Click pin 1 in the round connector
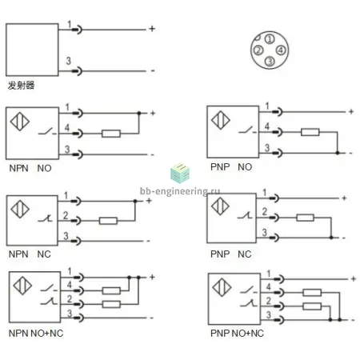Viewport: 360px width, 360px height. pyautogui.click(x=270, y=39)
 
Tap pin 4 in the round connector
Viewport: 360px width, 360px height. pyautogui.click(x=281, y=50)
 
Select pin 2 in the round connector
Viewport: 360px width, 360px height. pyautogui.click(x=258, y=50)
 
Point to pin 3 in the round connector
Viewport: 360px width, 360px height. pyautogui.click(x=270, y=62)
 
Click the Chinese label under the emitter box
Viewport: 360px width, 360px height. pyautogui.click(x=21, y=86)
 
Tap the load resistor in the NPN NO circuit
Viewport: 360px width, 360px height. pyautogui.click(x=111, y=134)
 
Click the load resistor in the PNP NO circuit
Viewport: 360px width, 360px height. pyautogui.click(x=310, y=132)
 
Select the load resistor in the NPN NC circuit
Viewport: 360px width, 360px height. pyautogui.click(x=108, y=221)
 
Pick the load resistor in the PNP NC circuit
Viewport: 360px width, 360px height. pyautogui.click(x=305, y=218)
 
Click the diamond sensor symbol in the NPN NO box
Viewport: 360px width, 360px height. pyautogui.click(x=20, y=122)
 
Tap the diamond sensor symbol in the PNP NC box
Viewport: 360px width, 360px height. pyautogui.click(x=220, y=206)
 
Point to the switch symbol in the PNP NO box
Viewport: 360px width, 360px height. pyautogui.click(x=248, y=130)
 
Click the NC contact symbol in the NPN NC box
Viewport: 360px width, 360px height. pyautogui.click(x=45, y=218)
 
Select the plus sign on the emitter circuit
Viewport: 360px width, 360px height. pyautogui.click(x=152, y=29)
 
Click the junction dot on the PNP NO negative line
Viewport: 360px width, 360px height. pyautogui.click(x=338, y=153)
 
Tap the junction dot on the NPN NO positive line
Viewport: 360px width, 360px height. pyautogui.click(x=139, y=114)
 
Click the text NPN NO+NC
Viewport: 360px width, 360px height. pyautogui.click(x=36, y=334)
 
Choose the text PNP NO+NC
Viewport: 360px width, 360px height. pyautogui.click(x=237, y=334)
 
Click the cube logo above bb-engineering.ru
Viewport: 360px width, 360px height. pyautogui.click(x=180, y=173)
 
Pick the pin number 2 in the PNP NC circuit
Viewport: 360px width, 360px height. pyautogui.click(x=265, y=212)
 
